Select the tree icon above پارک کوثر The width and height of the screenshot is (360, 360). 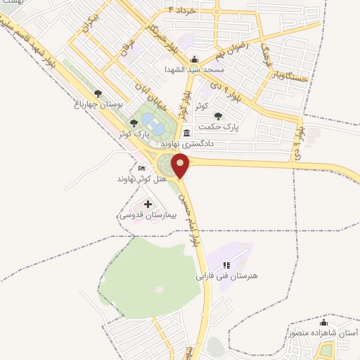point(134,123)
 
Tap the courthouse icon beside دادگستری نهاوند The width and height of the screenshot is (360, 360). point(186,133)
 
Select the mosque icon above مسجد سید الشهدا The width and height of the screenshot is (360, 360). point(195,59)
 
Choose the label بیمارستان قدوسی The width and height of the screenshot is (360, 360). point(140,214)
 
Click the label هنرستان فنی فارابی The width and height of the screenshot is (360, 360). point(227,276)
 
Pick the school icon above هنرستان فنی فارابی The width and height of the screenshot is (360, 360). point(226,265)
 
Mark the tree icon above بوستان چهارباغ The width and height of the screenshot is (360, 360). point(98,93)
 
